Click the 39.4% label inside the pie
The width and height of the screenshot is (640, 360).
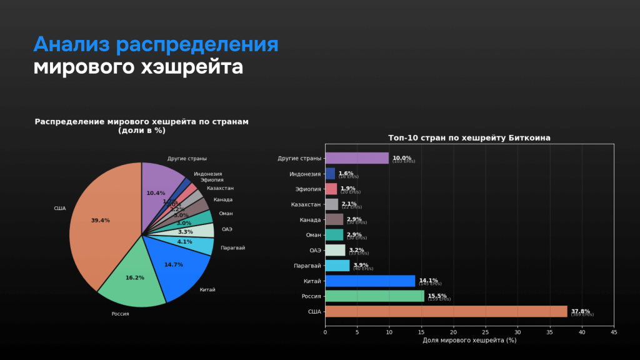[100, 221]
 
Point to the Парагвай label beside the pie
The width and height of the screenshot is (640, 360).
[232, 248]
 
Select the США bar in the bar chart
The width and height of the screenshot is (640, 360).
[446, 311]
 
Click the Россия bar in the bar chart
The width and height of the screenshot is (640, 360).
[374, 296]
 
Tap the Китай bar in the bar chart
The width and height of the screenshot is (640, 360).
[370, 281]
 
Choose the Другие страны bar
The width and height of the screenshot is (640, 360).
[357, 158]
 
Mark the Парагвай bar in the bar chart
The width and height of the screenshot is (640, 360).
[337, 266]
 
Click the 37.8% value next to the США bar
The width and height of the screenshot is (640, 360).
[580, 311]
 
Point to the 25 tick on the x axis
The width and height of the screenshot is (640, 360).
[486, 332]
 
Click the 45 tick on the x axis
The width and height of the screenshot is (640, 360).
[614, 332]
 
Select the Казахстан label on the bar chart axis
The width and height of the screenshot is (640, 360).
[306, 204]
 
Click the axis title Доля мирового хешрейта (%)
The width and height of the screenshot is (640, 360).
[469, 341]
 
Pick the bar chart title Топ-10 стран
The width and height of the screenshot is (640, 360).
[469, 137]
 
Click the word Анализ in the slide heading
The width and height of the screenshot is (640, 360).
[72, 45]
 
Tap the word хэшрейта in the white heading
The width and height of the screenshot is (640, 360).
[191, 67]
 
